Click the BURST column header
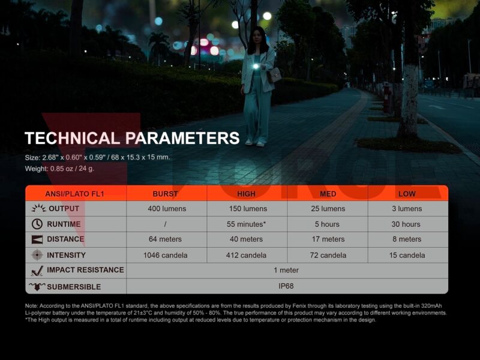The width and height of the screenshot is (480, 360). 166,194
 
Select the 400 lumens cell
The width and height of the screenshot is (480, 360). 167,209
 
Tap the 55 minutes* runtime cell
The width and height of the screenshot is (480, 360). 246,224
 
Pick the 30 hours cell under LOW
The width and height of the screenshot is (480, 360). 406,224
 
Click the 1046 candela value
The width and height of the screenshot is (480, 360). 166,256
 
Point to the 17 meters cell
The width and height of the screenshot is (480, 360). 328,239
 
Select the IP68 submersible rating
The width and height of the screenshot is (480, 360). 286,286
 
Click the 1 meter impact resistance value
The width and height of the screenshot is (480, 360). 286,270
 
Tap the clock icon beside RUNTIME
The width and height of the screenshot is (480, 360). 37,224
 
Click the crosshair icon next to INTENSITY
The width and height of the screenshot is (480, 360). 37,254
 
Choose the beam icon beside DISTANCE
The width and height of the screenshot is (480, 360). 37,239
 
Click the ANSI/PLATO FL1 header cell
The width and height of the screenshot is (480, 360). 74,194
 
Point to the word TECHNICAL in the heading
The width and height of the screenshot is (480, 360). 72,138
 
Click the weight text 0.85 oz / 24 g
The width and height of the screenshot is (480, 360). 72,169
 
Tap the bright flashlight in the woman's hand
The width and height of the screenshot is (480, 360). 256,66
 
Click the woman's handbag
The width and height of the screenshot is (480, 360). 275,74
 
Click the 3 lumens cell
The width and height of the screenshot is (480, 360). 407,209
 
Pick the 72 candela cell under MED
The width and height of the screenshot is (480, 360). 328,256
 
